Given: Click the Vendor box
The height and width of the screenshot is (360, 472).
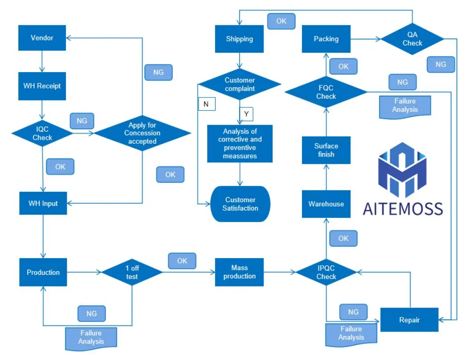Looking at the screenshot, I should click(42, 38).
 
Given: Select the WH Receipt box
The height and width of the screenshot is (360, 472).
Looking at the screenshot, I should click(42, 85).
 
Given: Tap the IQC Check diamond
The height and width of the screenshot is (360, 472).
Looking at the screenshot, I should click(42, 133).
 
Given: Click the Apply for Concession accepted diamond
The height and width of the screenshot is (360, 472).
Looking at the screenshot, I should click(142, 133).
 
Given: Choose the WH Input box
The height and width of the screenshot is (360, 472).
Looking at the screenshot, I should click(43, 203).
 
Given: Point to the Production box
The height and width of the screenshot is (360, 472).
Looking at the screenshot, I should click(43, 272).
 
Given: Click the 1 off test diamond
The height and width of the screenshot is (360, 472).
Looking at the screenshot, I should click(132, 272).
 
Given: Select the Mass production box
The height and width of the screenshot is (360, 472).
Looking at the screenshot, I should click(240, 272).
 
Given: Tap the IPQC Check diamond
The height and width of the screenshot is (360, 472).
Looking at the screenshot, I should click(326, 272).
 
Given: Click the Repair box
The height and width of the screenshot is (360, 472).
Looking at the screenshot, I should click(409, 320).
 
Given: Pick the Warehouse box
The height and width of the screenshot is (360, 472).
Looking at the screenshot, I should click(326, 204).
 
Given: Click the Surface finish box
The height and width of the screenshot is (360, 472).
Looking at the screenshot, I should click(326, 150).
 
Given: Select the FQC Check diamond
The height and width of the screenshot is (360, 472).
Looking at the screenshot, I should click(326, 92).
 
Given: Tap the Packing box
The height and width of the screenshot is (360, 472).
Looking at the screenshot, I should click(326, 39).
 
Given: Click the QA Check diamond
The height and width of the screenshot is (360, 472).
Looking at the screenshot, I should click(412, 39).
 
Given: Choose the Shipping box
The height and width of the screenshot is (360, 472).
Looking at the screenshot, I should click(240, 39).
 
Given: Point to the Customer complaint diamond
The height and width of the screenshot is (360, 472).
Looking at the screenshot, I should click(240, 84).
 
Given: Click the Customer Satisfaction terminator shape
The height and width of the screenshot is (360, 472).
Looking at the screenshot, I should click(240, 204).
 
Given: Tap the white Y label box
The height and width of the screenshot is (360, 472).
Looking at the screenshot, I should click(246, 114).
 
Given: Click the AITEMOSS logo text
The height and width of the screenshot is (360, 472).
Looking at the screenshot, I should click(403, 208).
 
